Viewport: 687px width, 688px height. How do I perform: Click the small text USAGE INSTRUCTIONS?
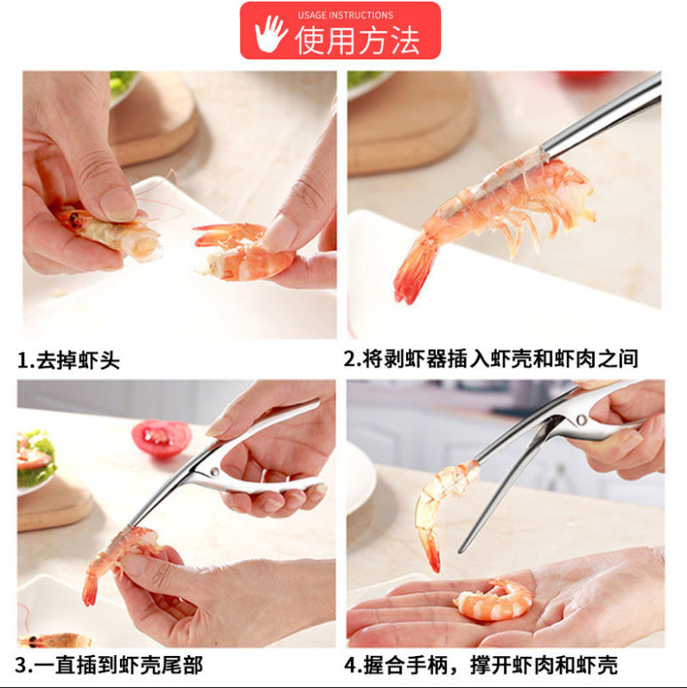(345, 15)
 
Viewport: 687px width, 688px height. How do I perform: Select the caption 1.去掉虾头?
(68, 360)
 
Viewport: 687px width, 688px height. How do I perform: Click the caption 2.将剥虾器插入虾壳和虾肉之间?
(491, 359)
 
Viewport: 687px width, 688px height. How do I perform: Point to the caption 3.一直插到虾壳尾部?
(110, 664)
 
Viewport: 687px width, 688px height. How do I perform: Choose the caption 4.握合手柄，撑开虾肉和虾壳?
(481, 664)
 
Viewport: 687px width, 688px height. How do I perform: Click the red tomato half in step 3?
(161, 438)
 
